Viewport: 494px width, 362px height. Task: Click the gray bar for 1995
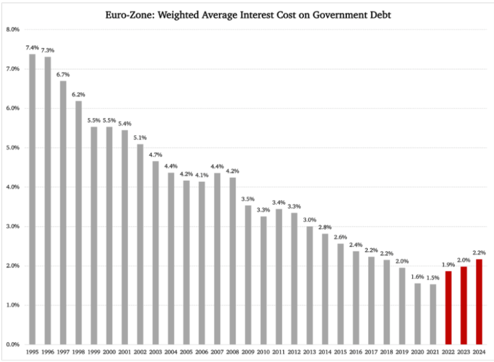point(32,199)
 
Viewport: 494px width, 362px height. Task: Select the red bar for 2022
point(448,308)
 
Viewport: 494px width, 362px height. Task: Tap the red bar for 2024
point(479,302)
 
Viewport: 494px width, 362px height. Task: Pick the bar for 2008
point(232,261)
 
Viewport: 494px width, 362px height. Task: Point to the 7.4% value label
point(32,47)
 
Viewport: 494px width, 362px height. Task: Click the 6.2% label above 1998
point(78,94)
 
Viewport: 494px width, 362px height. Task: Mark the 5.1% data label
point(140,137)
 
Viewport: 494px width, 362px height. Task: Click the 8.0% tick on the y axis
point(13,29)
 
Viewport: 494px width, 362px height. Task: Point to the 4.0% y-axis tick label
point(13,187)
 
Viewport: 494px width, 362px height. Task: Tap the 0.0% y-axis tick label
point(13,345)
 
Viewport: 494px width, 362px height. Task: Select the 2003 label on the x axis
point(155,352)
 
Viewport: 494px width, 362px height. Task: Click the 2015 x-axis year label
point(341,352)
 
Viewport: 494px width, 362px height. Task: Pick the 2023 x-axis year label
point(464,352)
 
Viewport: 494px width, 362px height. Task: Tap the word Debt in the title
point(378,15)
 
